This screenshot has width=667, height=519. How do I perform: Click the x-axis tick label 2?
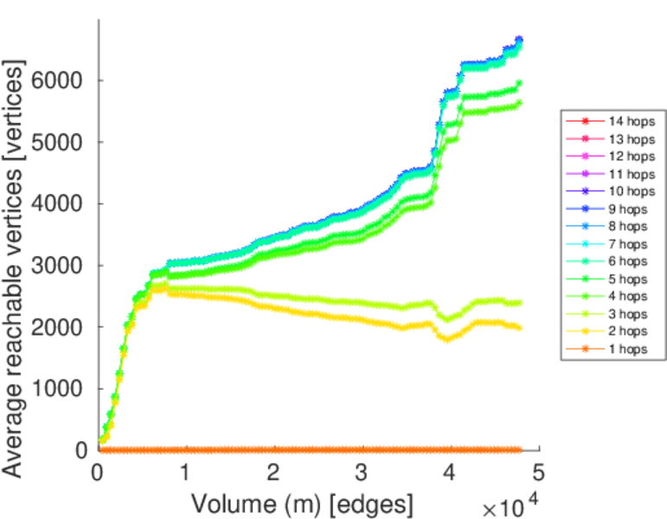pyautogui.click(x=273, y=473)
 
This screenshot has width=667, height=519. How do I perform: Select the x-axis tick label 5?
pyautogui.click(x=538, y=473)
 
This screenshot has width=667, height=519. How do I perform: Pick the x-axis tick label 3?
pyautogui.click(x=362, y=473)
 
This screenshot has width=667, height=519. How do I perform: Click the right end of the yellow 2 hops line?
pyautogui.click(x=519, y=328)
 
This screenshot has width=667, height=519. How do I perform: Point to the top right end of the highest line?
pyautogui.click(x=520, y=39)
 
